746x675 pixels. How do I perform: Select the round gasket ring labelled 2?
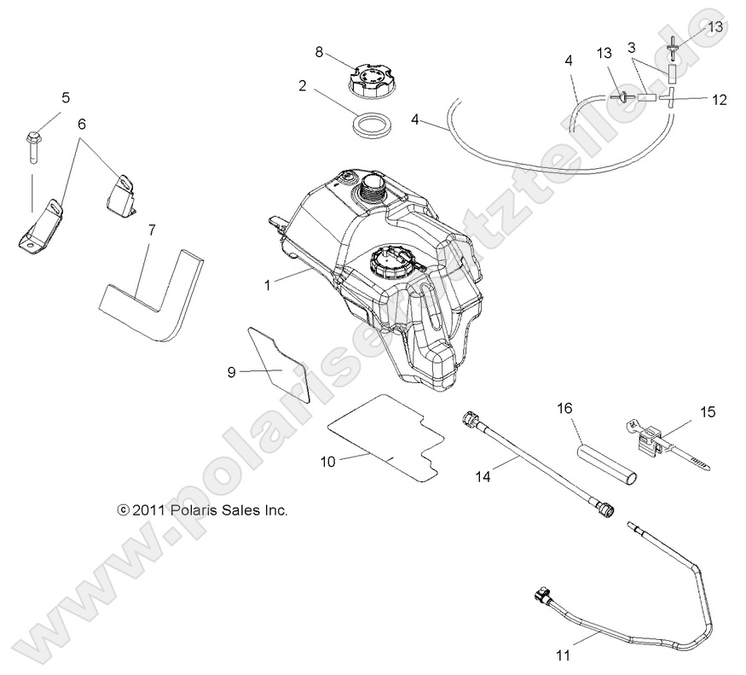coord(373,125)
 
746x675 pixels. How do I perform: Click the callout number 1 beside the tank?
coord(267,285)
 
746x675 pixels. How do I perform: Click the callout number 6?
coord(82,123)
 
